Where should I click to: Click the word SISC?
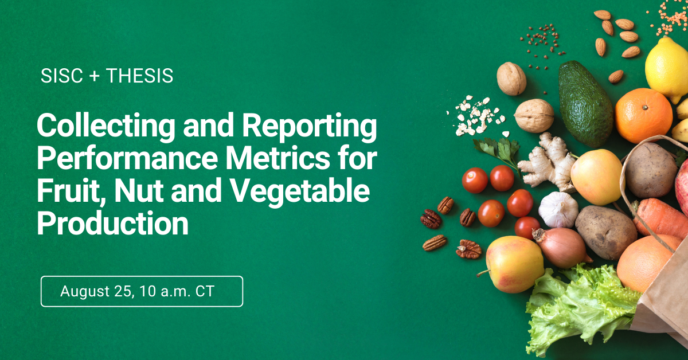click(61, 76)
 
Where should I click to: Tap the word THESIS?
click(140, 76)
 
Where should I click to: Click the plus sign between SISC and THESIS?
click(95, 76)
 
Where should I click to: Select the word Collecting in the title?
click(105, 126)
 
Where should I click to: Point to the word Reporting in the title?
click(310, 126)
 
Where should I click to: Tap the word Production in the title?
click(112, 223)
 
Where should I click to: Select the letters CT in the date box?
click(205, 291)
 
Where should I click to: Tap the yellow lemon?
click(666, 69)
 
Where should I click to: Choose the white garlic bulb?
click(558, 210)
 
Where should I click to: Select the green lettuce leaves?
click(577, 310)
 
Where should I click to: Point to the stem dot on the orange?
click(645, 107)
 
